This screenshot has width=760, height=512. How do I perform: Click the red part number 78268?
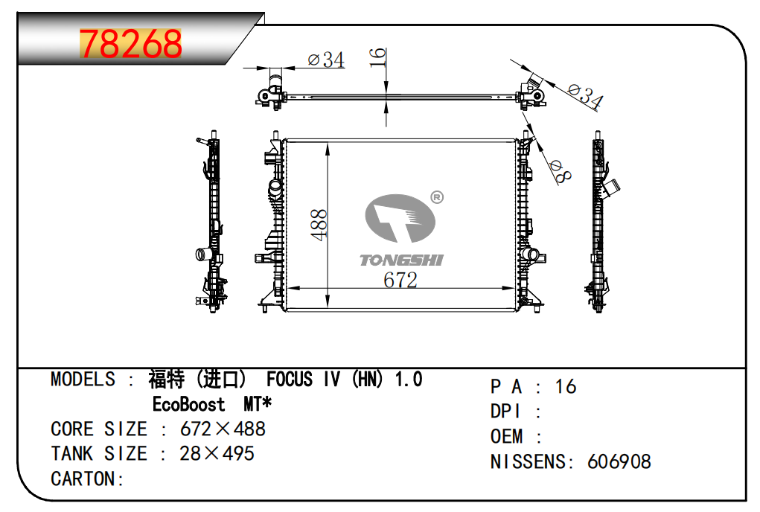pyautogui.click(x=131, y=44)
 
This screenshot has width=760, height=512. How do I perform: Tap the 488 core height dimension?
pyautogui.click(x=319, y=225)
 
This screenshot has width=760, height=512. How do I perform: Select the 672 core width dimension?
pyautogui.click(x=400, y=280)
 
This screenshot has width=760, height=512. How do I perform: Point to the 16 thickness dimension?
pyautogui.click(x=377, y=57)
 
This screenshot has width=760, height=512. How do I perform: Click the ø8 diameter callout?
pyautogui.click(x=561, y=172)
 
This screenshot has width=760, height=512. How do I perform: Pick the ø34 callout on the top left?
pyautogui.click(x=326, y=60)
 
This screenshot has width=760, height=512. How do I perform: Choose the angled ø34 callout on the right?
pyautogui.click(x=586, y=96)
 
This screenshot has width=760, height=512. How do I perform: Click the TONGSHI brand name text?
pyautogui.click(x=401, y=260)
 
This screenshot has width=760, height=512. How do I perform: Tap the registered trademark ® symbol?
pyautogui.click(x=437, y=197)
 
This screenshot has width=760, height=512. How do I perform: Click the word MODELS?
pyautogui.click(x=83, y=380)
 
